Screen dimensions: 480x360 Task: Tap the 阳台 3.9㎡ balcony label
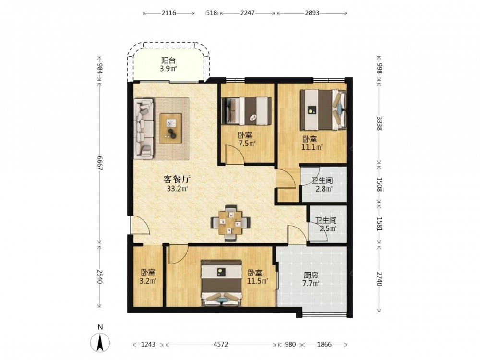[x=168, y=65]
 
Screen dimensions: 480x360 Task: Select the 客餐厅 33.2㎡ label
[x=177, y=183]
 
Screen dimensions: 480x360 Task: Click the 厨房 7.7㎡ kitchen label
[x=311, y=279]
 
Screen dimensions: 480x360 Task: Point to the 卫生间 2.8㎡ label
[x=323, y=185]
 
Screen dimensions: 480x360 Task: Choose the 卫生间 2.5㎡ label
[x=326, y=224]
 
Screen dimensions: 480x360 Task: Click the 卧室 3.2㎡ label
[x=148, y=276]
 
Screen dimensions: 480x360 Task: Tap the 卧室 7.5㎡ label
[x=247, y=139]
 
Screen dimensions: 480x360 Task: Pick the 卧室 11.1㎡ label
[x=312, y=143]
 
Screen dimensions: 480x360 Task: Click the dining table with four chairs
[x=230, y=223]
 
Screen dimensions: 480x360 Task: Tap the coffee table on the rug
[x=171, y=128]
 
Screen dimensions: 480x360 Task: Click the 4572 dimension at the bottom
[x=221, y=344]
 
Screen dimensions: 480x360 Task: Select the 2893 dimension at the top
[x=312, y=13]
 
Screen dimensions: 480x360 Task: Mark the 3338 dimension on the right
[x=379, y=123]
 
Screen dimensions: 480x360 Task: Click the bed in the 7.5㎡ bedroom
[x=246, y=111]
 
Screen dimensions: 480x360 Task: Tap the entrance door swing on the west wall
[x=140, y=225]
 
